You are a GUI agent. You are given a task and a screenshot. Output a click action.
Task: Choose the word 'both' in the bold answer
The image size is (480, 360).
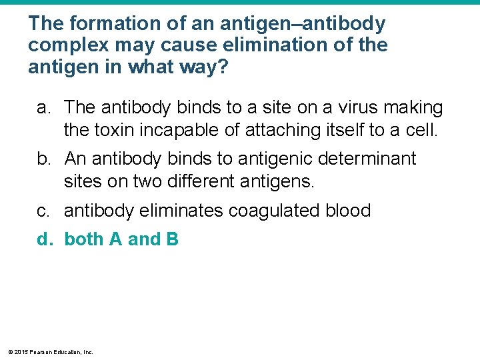point(83,239)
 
